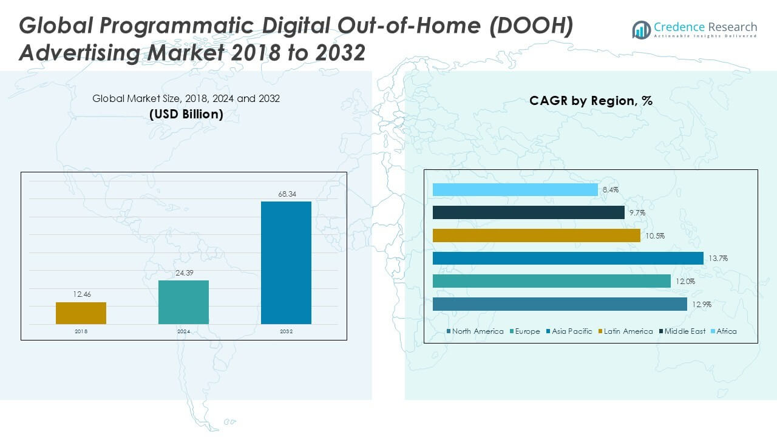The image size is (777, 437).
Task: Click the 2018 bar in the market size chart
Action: pos(81,313)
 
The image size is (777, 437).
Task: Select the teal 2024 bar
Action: pos(183,302)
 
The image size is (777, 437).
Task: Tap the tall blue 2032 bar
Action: pos(286,263)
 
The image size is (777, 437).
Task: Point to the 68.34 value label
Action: pos(286,194)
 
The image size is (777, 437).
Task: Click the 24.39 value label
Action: pos(183,273)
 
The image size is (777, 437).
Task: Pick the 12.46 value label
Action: pos(81,295)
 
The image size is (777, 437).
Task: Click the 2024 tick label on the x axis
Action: pos(183,331)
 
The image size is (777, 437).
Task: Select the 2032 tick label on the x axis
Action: pos(286,331)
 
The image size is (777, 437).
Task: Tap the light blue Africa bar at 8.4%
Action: pos(515,190)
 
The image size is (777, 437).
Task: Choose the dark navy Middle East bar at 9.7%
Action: pos(529,212)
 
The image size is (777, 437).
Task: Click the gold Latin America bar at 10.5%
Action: pos(537,235)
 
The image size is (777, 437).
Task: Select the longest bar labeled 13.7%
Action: pos(568,259)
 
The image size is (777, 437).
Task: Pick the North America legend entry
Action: pos(475,331)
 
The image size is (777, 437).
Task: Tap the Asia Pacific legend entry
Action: pos(568,331)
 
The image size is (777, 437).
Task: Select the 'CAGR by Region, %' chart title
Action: pos(591,101)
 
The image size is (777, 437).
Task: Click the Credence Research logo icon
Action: pos(641,29)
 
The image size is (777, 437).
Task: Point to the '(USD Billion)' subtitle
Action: pos(186,114)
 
